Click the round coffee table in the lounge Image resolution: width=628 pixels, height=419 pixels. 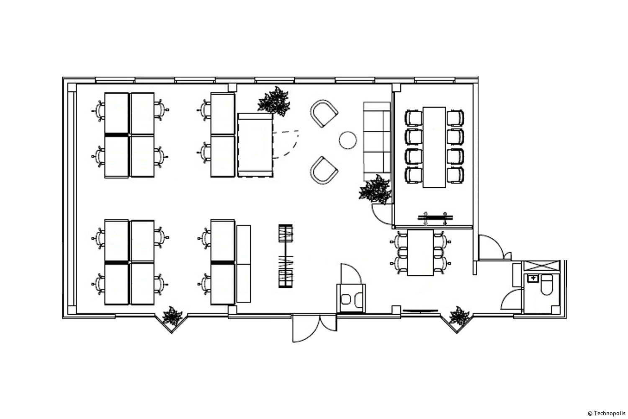click(347, 140)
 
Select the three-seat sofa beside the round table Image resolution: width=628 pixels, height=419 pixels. click(377, 142)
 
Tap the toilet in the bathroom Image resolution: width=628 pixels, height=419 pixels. click(546, 285)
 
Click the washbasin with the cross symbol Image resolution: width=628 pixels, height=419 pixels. click(533, 278)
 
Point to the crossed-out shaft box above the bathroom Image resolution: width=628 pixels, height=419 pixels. click(542, 266)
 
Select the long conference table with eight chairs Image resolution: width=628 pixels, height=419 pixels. click(434, 147)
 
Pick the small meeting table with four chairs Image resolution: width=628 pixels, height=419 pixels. click(420, 253)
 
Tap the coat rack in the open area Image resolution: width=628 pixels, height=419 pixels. click(286, 256)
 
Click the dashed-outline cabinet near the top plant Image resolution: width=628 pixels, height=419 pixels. click(255, 145)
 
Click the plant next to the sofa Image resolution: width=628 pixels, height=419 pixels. click(375, 189)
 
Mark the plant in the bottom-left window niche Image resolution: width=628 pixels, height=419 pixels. click(172, 316)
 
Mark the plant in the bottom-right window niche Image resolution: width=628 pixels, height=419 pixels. click(459, 316)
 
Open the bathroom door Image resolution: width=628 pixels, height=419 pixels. click(512, 300)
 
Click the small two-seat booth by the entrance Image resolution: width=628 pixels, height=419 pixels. click(351, 299)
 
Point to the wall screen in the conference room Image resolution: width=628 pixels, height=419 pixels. click(435, 217)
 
